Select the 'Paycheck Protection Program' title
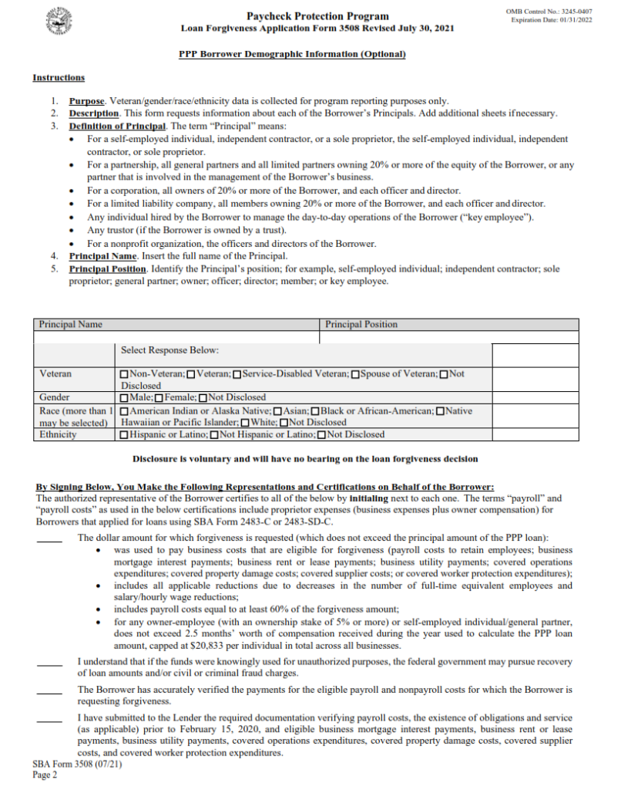tap(317, 16)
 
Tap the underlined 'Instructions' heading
tap(59, 77)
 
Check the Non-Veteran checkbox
tap(125, 374)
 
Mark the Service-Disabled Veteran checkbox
tap(237, 374)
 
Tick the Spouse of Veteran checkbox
tap(355, 374)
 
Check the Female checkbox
tap(159, 397)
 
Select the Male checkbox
tap(125, 397)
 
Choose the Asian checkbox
tap(278, 410)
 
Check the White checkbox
tap(244, 423)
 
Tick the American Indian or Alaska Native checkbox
tap(125, 410)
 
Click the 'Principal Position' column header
tap(361, 325)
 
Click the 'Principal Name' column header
tap(70, 325)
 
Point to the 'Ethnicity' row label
tap(58, 435)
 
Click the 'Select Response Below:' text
tap(170, 350)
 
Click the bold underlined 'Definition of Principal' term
tap(117, 126)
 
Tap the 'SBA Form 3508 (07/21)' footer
tap(77, 765)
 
